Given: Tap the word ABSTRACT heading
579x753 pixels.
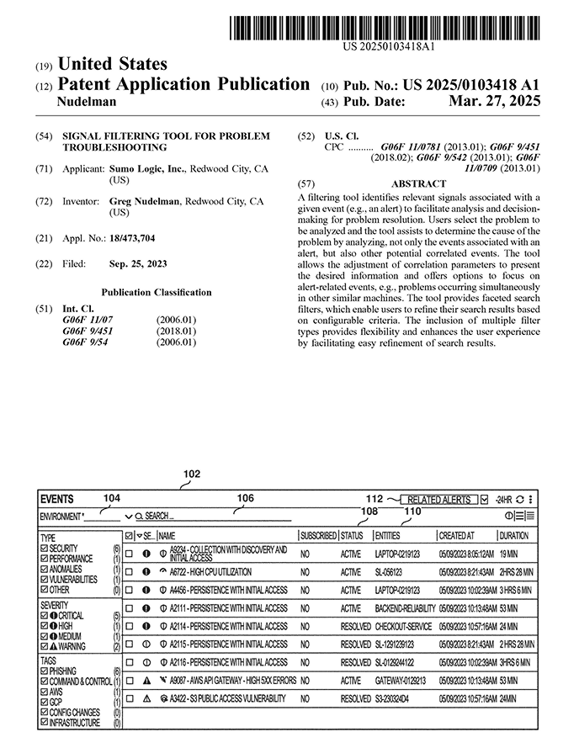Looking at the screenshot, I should (x=419, y=183).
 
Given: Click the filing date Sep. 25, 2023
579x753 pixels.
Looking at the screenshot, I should (x=138, y=264).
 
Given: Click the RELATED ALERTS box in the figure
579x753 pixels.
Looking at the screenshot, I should (x=439, y=500).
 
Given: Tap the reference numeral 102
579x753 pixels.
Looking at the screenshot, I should (x=192, y=474).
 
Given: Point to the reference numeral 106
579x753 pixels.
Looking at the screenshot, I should (x=245, y=498).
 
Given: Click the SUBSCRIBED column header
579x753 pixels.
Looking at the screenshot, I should (x=318, y=535).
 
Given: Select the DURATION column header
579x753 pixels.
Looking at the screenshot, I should (x=514, y=535).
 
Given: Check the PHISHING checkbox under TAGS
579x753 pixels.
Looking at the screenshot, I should (x=45, y=671).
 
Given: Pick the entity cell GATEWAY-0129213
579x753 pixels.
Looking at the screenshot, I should (x=400, y=681).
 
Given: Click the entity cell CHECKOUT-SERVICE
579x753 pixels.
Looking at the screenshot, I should (x=403, y=626).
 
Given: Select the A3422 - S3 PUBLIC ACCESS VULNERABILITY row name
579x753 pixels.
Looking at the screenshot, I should (x=223, y=698).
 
